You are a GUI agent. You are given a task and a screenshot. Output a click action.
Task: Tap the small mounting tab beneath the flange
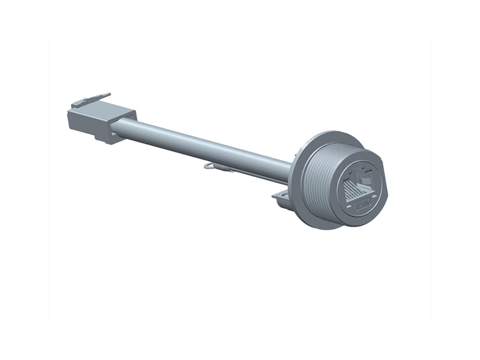click(x=280, y=197)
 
